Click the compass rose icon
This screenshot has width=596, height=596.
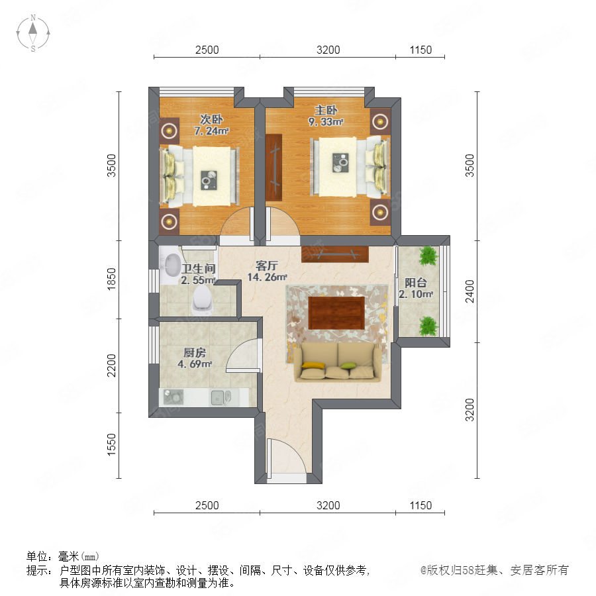[33, 33]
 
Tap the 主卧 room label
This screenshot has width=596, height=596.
[326, 111]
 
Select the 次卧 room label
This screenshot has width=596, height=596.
[211, 119]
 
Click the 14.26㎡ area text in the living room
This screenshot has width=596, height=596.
[268, 277]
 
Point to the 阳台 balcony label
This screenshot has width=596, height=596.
[415, 283]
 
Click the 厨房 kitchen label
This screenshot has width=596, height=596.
[195, 353]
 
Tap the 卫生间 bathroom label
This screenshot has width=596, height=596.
[199, 269]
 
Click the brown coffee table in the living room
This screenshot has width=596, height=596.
[336, 313]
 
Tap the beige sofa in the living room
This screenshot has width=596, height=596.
[338, 362]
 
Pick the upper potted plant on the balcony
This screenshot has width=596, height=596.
[428, 256]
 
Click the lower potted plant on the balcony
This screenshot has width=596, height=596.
[428, 326]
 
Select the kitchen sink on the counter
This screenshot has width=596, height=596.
[221, 397]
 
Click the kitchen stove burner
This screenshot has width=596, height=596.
[174, 397]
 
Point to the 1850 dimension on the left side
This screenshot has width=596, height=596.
[111, 279]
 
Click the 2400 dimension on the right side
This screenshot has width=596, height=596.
[470, 291]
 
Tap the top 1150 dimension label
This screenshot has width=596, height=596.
[421, 50]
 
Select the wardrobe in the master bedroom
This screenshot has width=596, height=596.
[273, 168]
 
